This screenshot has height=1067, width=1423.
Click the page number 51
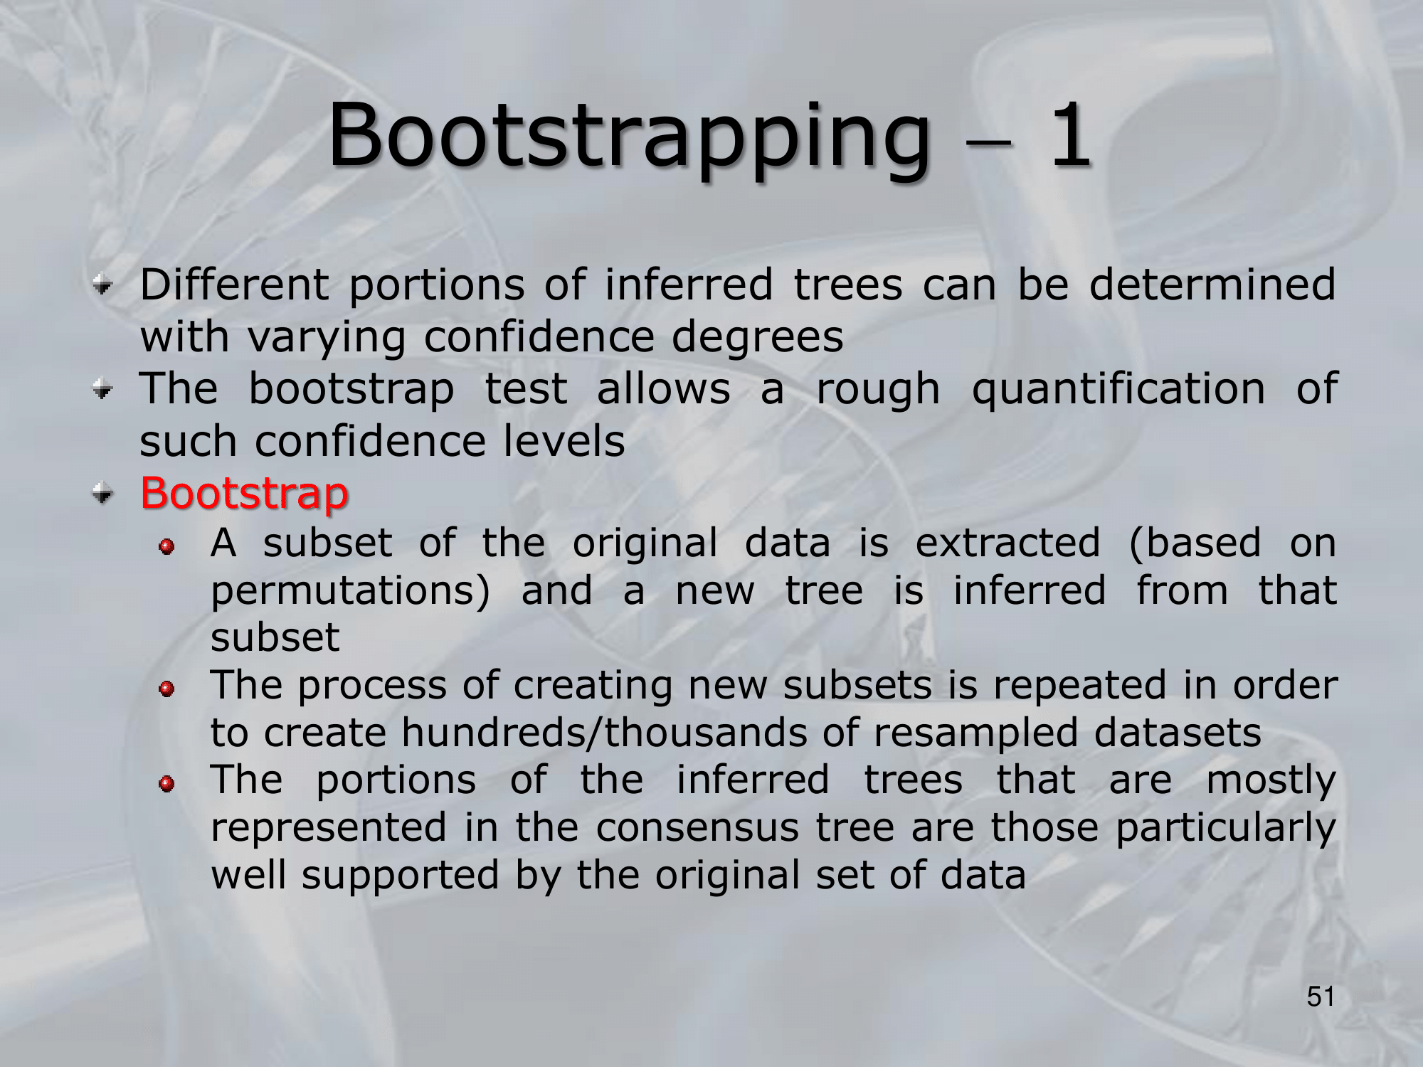tap(1321, 997)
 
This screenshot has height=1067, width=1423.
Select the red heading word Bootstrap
tap(244, 492)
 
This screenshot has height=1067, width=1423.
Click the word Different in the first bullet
tap(234, 285)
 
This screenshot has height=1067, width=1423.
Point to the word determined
tap(1212, 285)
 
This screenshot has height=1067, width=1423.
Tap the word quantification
tap(1118, 390)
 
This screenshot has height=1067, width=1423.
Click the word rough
tap(878, 390)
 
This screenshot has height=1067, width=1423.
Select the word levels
tap(564, 441)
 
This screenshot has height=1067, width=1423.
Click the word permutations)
tap(351, 591)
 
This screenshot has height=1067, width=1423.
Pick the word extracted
tap(1007, 543)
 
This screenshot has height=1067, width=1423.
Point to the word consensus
tap(697, 828)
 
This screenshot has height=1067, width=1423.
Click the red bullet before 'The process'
tap(166, 689)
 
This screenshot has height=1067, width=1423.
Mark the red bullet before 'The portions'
tap(166, 784)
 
